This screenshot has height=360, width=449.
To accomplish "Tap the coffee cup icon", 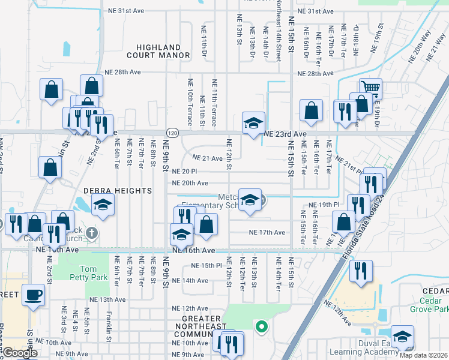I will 33,295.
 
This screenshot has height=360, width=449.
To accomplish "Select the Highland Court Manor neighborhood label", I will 158,51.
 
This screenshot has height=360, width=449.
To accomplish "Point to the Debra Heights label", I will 117,190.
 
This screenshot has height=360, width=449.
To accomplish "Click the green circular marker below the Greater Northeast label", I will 261,327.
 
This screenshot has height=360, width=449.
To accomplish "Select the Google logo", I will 20,353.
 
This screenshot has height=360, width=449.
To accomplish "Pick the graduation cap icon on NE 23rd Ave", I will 253,122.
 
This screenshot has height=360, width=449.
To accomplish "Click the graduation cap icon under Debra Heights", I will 103,206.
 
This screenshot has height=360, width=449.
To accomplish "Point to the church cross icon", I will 91,232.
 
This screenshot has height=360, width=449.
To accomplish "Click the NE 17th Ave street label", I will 267,232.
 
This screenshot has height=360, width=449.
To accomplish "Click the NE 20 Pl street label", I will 185,171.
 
